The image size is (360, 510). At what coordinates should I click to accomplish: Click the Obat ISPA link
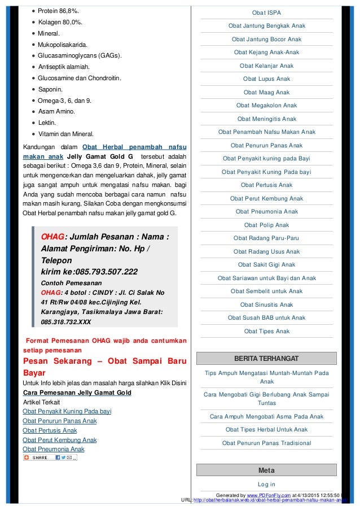[x=266, y=12]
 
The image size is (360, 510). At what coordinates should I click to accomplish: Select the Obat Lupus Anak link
[x=266, y=79]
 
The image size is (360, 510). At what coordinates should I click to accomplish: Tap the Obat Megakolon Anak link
[x=266, y=105]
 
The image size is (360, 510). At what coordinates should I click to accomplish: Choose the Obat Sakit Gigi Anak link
[x=266, y=264]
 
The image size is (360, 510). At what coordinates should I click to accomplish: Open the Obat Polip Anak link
[x=266, y=225]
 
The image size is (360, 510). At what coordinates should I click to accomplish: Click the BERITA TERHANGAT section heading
[x=266, y=359]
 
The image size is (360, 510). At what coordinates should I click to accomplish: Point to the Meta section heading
[x=266, y=470]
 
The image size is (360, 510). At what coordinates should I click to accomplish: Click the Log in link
[x=266, y=484]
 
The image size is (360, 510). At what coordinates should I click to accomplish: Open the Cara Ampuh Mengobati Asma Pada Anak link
[x=266, y=416]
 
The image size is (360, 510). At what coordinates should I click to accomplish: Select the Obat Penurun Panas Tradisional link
[x=266, y=443]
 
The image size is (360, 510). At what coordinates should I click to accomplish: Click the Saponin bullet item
[x=51, y=89]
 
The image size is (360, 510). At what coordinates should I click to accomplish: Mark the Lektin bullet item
[x=47, y=123]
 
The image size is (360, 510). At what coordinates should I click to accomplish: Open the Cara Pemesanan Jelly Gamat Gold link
[x=77, y=393]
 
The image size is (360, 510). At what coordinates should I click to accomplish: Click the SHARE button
[x=39, y=457]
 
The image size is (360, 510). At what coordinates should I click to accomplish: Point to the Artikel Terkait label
[x=41, y=402]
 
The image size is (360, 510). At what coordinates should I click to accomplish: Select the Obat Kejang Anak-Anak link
[x=266, y=53]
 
